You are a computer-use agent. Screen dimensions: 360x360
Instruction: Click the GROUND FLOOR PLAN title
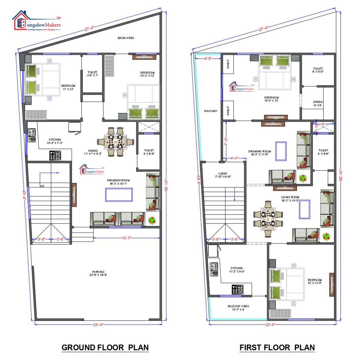[105, 347]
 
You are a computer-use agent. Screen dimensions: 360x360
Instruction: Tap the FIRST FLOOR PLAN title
[277, 347]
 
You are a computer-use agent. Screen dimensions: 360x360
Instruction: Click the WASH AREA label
[126, 38]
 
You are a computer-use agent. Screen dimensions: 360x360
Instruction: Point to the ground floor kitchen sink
[32, 136]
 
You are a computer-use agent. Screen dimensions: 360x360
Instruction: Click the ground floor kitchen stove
[55, 155]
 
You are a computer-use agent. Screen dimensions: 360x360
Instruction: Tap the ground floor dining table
[115, 142]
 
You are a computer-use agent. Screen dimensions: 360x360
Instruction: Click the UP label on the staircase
[42, 186]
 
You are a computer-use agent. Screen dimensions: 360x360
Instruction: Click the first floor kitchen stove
[237, 289]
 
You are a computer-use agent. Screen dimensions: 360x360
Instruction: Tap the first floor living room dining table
[268, 219]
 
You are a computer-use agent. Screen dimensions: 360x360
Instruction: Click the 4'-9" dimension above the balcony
[208, 58]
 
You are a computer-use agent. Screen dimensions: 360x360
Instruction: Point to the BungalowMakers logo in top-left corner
[36, 21]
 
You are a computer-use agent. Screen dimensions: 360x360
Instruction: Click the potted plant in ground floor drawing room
[152, 220]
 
